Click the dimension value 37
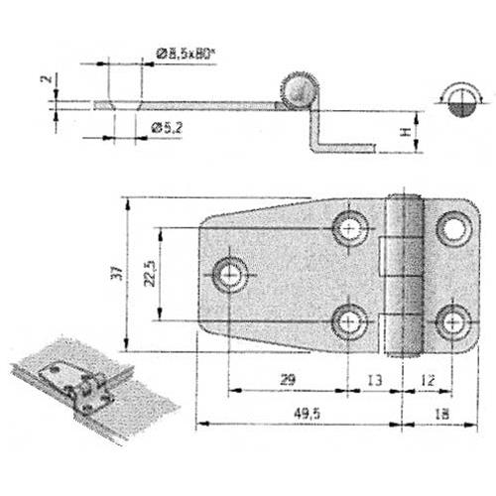[116, 272]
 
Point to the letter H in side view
[405, 128]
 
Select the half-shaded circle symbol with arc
[459, 101]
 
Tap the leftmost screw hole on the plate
[231, 273]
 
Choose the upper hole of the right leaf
[454, 228]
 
